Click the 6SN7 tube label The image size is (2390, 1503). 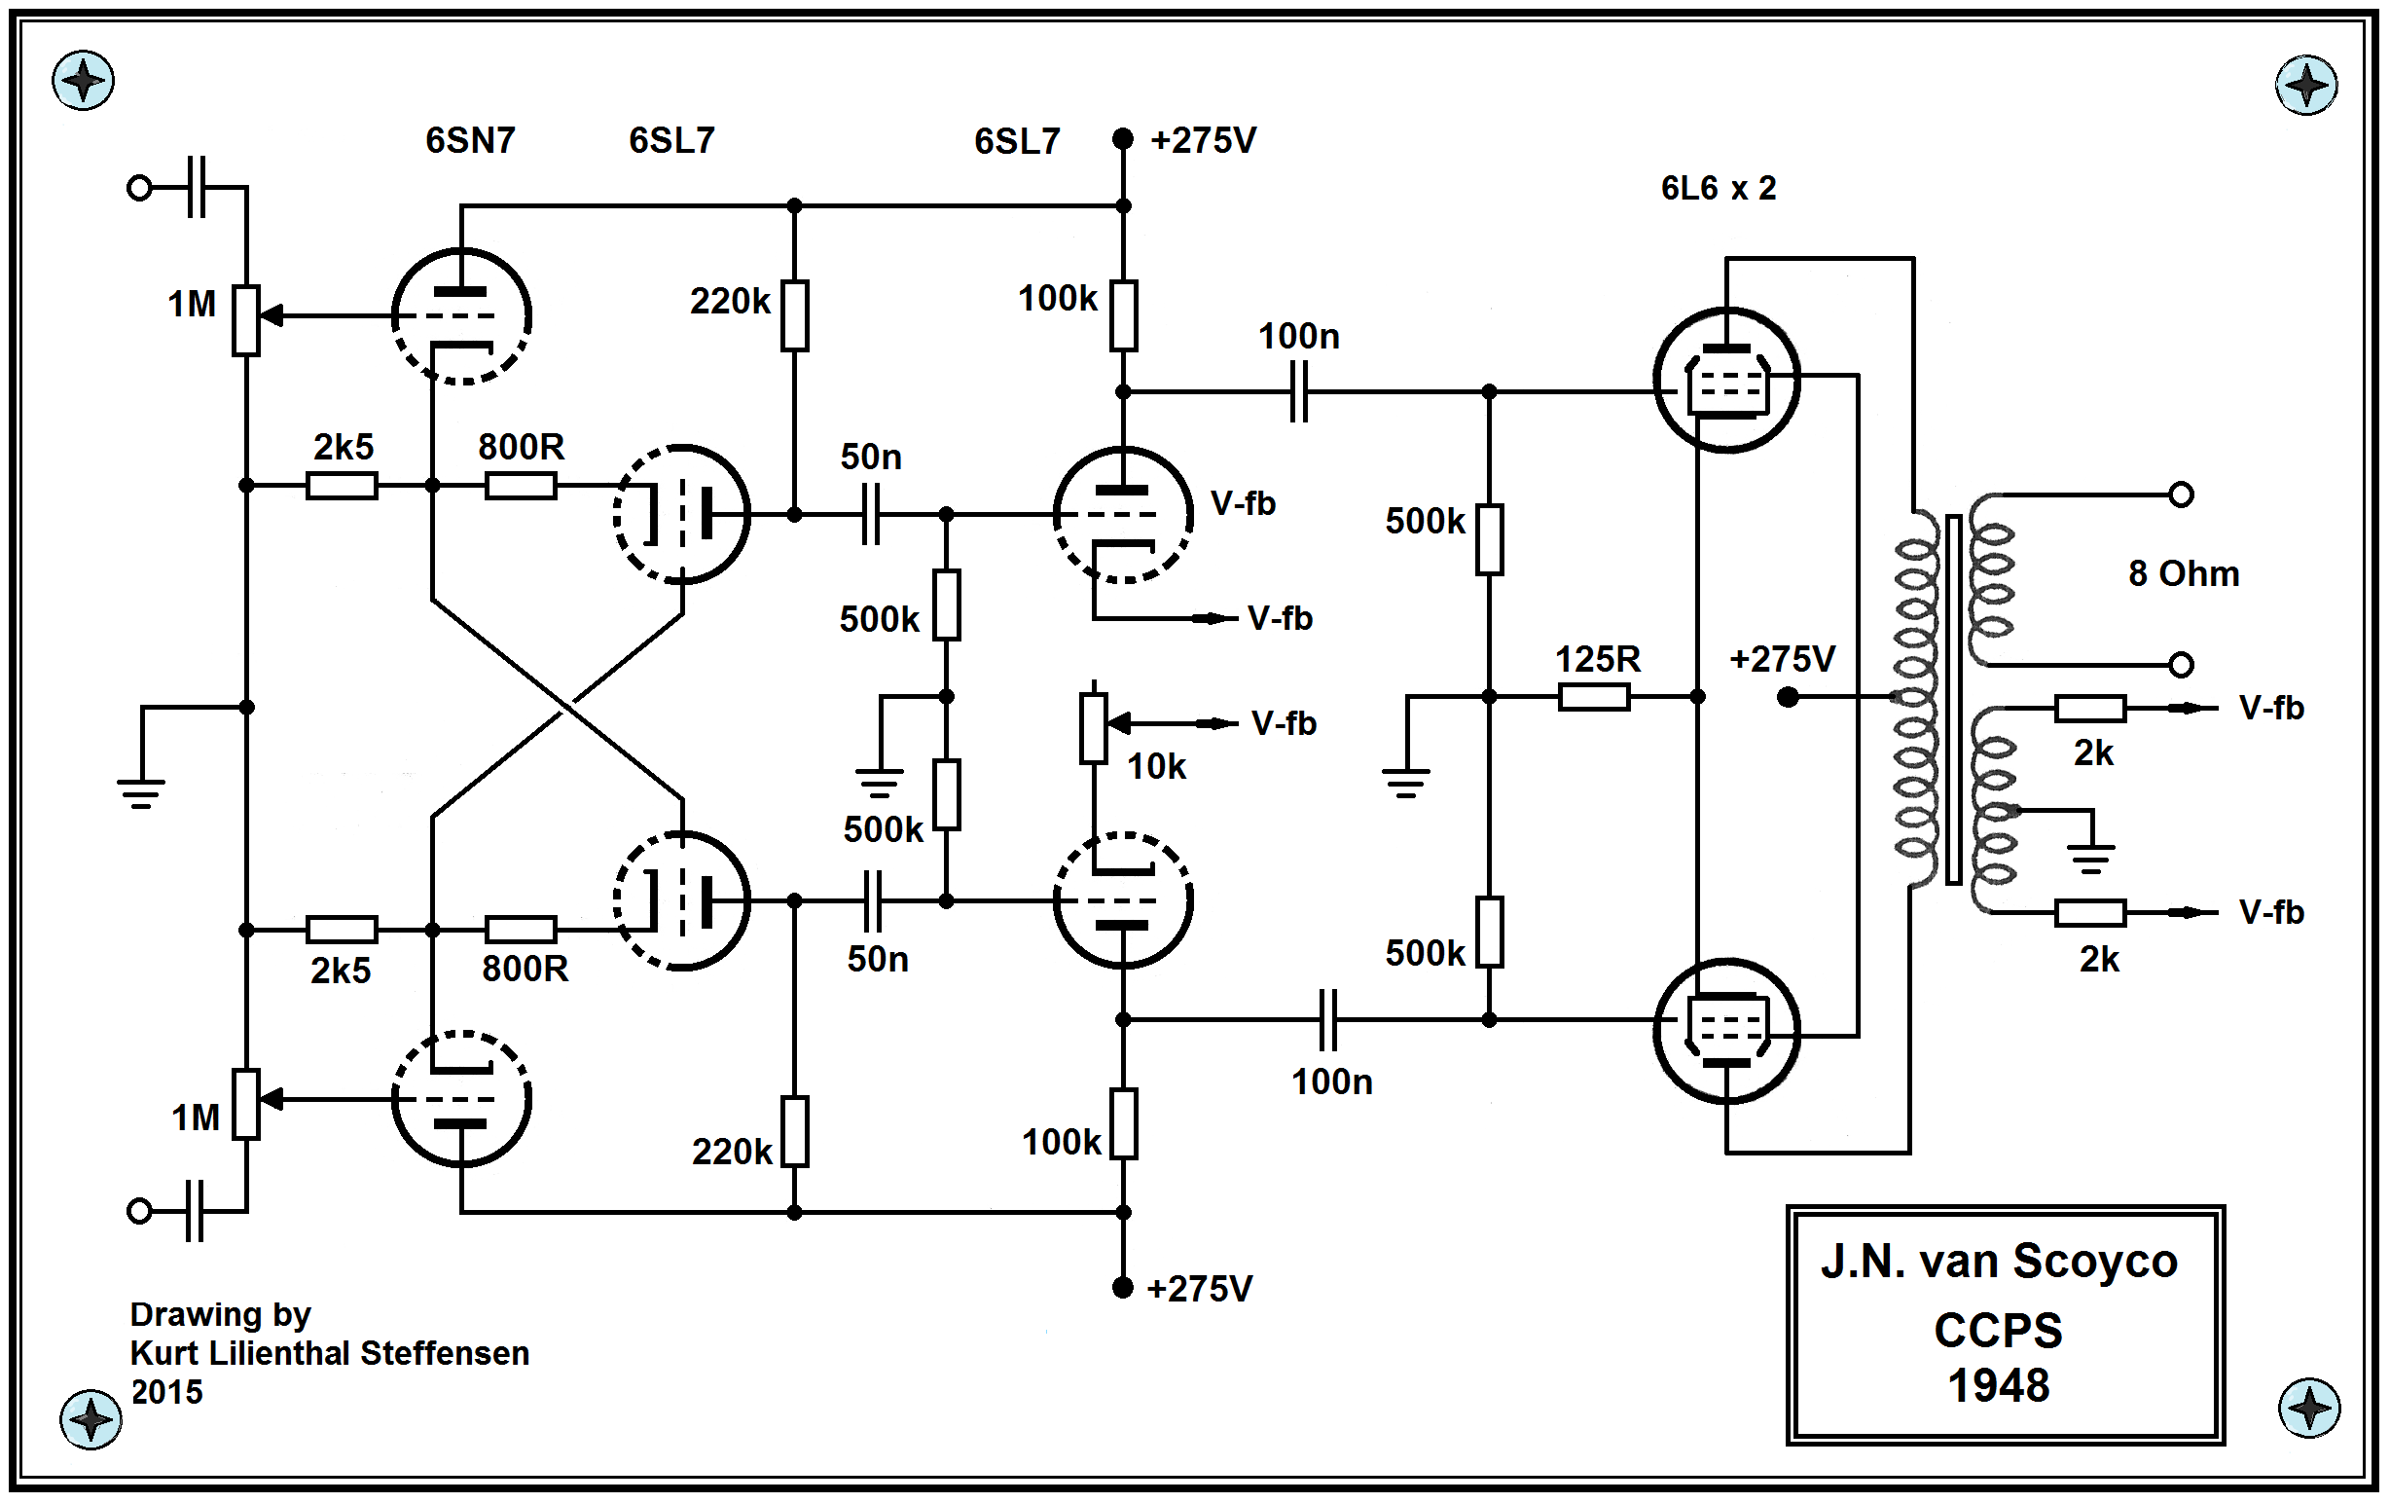coord(469,141)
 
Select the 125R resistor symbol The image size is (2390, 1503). coord(1593,698)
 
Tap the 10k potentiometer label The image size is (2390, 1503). coord(1156,766)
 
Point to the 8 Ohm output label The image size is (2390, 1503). coord(2183,573)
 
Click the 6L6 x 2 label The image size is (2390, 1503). coord(1719,189)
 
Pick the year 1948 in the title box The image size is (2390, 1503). coord(1998,1386)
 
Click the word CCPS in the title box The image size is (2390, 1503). coord(1998,1331)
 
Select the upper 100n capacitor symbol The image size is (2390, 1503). coord(1298,392)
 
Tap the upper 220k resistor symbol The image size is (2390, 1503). coord(794,315)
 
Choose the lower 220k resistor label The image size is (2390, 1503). coord(732,1152)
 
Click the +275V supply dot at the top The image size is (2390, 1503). coord(1123,139)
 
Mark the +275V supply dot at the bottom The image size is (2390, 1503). coord(1123,1288)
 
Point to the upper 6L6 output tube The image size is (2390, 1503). coord(1727,381)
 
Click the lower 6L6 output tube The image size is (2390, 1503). coord(1727,1032)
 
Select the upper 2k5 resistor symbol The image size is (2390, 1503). coord(342,486)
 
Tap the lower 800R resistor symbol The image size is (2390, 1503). coord(520,931)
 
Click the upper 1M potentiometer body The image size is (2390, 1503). coord(246,319)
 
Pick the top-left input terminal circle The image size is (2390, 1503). coord(140,188)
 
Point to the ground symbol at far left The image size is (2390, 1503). coord(141,789)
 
